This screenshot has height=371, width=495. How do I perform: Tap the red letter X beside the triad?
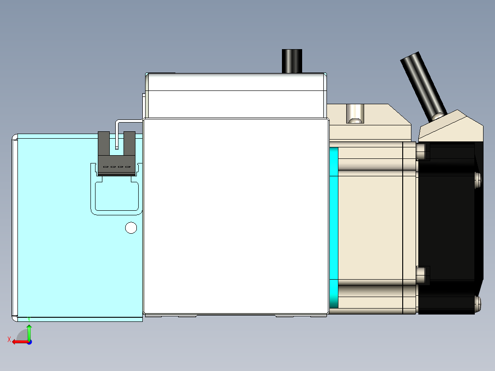(x=9, y=339)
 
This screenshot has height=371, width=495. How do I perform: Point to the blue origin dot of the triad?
(x=29, y=342)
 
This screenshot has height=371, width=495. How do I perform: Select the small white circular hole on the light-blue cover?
(x=131, y=228)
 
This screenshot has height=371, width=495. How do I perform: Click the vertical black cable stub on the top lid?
(x=292, y=61)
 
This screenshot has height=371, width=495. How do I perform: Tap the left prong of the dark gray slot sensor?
(x=104, y=142)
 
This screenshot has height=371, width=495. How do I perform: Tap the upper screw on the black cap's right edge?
(x=478, y=179)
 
